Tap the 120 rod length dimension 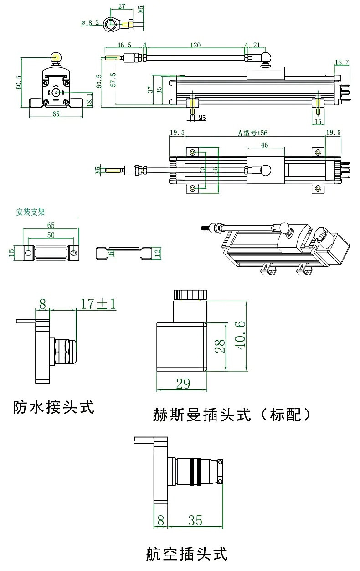pyautogui.click(x=195, y=46)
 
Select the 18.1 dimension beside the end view pyautogui.click(x=89, y=99)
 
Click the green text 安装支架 pyautogui.click(x=31, y=212)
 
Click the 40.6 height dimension pyautogui.click(x=241, y=333)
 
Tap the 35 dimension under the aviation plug pyautogui.click(x=195, y=520)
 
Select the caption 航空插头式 pyautogui.click(x=186, y=553)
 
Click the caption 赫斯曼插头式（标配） pyautogui.click(x=232, y=415)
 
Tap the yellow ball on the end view pyautogui.click(x=57, y=57)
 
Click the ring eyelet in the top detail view pyautogui.click(x=110, y=23)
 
